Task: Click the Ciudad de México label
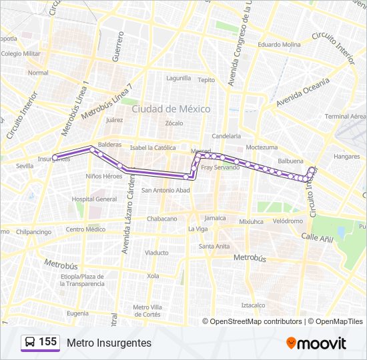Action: [171, 109]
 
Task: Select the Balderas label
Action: [110, 144]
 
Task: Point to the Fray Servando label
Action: [220, 167]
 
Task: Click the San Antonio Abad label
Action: [166, 190]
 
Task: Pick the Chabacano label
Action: [162, 218]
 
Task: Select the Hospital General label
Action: [94, 199]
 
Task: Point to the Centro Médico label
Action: [85, 229]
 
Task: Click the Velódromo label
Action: [288, 221]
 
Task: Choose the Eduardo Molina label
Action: [279, 45]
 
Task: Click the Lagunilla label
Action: [179, 77]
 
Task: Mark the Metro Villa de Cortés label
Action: [147, 311]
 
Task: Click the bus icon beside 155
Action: [30, 343]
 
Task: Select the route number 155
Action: [48, 342]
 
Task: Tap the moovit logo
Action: [316, 343]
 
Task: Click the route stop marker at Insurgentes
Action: [55, 157]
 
